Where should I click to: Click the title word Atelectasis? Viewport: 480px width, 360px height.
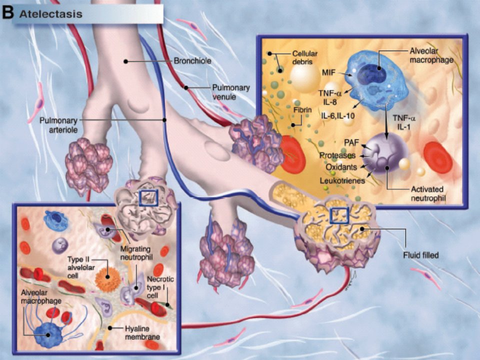[51, 14]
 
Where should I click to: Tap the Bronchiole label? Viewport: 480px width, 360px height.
[192, 61]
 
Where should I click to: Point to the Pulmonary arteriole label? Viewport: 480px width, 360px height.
[58, 125]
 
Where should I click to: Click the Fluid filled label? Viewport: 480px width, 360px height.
[420, 255]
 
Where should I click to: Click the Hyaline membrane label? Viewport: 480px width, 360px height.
[142, 333]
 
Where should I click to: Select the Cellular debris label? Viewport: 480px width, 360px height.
[304, 57]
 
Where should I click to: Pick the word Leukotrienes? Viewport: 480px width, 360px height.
[342, 180]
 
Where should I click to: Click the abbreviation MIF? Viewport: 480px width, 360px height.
[328, 73]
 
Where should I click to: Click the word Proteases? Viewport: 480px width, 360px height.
[337, 155]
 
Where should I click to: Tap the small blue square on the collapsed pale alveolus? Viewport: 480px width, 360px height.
[148, 198]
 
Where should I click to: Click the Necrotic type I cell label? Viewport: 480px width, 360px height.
[160, 287]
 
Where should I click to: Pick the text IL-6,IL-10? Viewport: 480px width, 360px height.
[337, 116]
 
